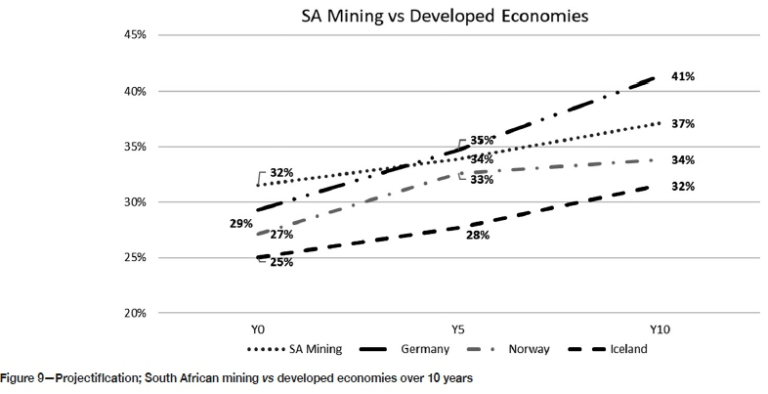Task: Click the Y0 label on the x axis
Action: [257, 331]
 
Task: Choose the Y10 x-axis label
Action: [661, 331]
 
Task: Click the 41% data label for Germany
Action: [682, 76]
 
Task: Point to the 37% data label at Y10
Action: [682, 124]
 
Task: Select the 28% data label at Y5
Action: [477, 236]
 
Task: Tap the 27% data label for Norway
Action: [282, 235]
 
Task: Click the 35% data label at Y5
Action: [482, 141]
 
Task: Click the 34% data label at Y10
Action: [682, 160]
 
